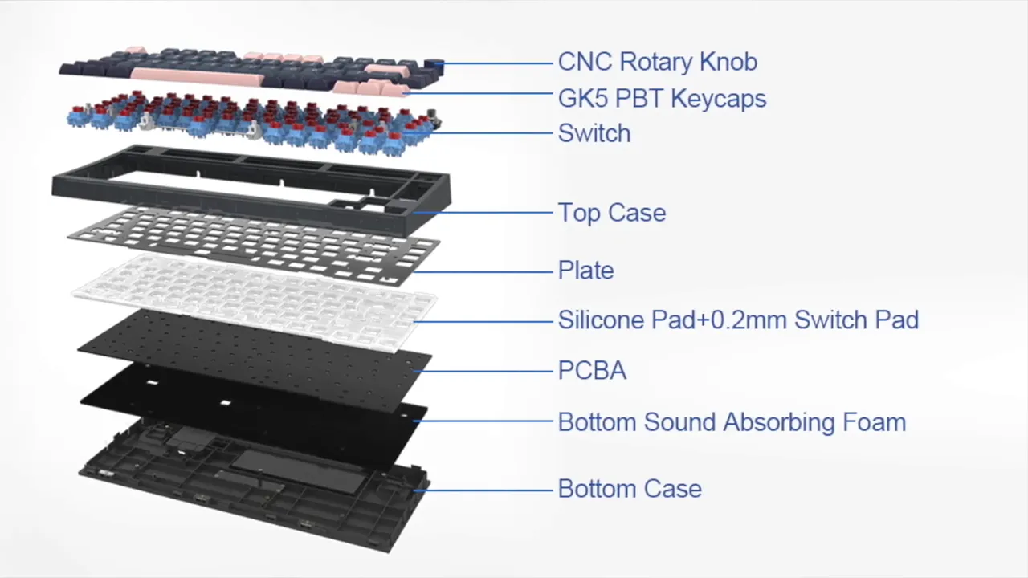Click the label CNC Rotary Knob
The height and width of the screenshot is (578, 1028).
657,62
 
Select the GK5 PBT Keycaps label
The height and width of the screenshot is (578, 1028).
662,99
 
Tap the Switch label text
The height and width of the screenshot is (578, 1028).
594,133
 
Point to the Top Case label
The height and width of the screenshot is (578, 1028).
611,213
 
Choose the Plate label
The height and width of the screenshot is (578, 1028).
585,271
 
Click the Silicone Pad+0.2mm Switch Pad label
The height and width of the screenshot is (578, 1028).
737,320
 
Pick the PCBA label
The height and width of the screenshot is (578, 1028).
592,371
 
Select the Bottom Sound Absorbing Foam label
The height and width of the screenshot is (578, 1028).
731,422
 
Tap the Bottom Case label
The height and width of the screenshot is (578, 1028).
629,489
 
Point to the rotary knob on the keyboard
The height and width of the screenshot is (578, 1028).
434,63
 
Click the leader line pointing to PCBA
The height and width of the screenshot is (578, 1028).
486,371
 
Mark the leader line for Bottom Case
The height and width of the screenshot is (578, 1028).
486,489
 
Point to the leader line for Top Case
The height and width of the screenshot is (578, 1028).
486,213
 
